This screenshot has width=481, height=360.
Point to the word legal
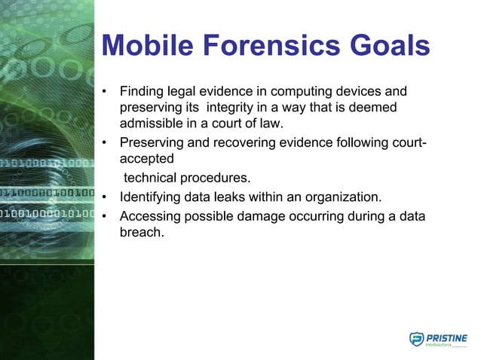pyautogui.click(x=186, y=93)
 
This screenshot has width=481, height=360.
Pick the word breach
pyautogui.click(x=142, y=233)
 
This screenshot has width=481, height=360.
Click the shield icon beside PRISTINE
pyautogui.click(x=416, y=340)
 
